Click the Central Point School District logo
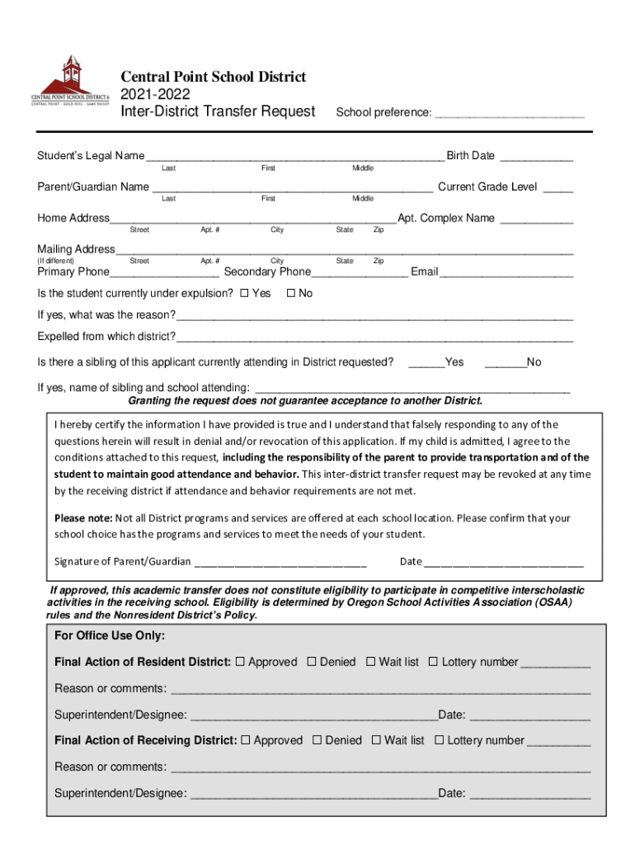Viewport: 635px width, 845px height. (70, 80)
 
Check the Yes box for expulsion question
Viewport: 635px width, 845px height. (243, 294)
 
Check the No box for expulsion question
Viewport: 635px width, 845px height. (290, 294)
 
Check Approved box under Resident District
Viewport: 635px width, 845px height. (240, 662)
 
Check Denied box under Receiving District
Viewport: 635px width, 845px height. (317, 741)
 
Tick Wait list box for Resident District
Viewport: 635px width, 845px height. (371, 662)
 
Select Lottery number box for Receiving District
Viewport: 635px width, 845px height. (440, 741)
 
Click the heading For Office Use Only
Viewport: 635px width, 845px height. (110, 635)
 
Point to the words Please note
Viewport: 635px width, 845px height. (82, 518)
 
